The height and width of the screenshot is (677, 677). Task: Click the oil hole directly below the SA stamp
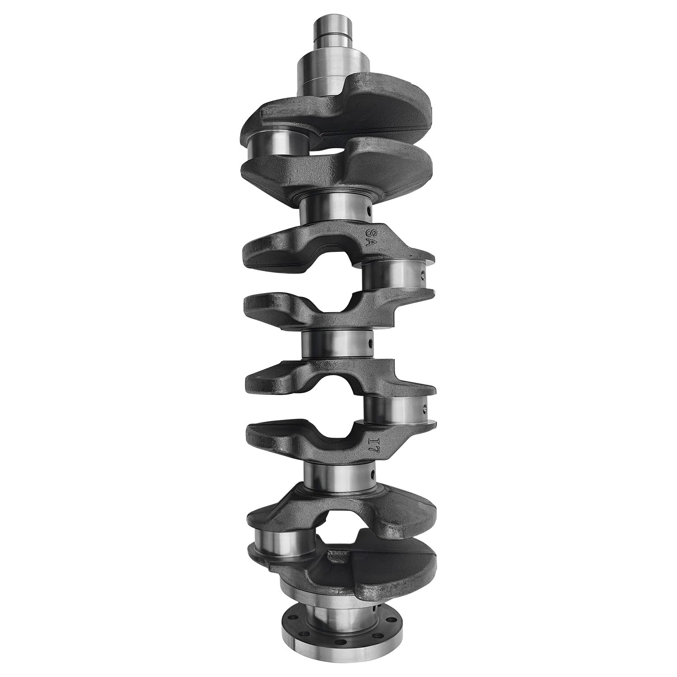[x=422, y=274]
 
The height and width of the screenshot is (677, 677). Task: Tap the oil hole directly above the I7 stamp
[x=424, y=408]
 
